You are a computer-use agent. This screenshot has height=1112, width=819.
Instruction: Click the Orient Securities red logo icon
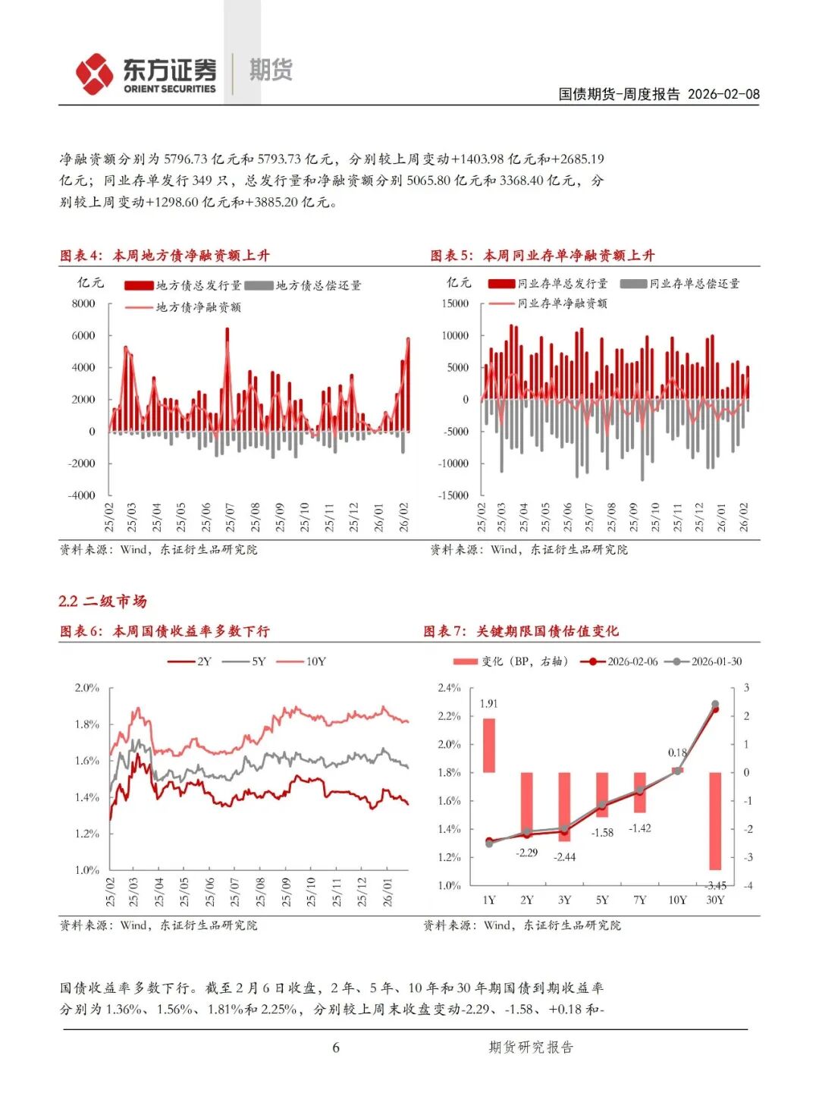[94, 74]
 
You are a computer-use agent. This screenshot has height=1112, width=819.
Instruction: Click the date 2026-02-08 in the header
[723, 94]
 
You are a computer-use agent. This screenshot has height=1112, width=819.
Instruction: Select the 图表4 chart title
[165, 256]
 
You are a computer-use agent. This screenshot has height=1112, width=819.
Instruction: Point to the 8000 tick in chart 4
[83, 303]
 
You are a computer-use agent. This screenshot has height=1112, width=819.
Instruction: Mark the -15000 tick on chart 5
[453, 495]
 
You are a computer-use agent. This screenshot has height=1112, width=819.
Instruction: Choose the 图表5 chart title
[542, 256]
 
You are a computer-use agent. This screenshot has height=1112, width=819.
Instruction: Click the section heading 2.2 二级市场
[102, 602]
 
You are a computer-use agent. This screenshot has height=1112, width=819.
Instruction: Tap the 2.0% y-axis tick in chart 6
[86, 688]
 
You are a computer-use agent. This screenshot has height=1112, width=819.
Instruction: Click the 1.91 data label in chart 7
[488, 704]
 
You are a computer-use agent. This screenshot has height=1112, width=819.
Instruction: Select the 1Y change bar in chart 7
[489, 746]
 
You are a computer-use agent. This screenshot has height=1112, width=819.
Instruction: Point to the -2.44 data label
[564, 857]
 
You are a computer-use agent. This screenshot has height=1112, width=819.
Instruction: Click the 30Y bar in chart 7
[715, 821]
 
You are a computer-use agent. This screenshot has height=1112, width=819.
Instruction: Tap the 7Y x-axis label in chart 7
[640, 900]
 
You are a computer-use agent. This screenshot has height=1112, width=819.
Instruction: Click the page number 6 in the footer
[336, 1048]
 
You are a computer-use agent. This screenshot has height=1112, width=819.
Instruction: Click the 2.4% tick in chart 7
[449, 688]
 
